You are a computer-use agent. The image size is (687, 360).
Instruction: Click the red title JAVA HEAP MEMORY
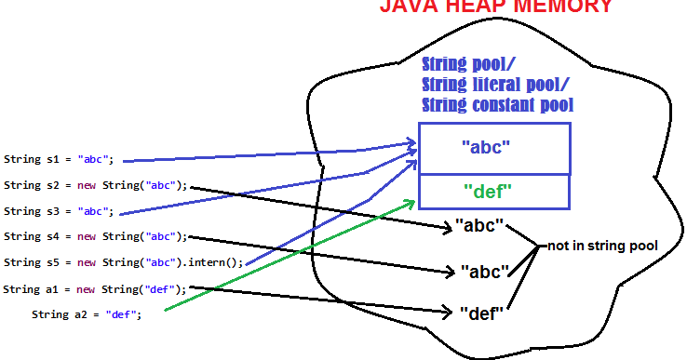(495, 7)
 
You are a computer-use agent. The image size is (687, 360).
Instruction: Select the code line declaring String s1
(59, 159)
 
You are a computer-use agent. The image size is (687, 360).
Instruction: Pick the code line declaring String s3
(59, 211)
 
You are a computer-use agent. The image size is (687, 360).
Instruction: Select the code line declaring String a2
(87, 314)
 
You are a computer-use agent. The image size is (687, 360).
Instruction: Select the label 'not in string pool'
(603, 246)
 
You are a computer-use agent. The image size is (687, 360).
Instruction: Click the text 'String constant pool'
(497, 105)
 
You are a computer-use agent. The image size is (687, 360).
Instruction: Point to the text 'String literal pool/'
(484, 85)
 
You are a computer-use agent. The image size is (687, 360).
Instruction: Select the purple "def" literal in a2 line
(121, 314)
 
